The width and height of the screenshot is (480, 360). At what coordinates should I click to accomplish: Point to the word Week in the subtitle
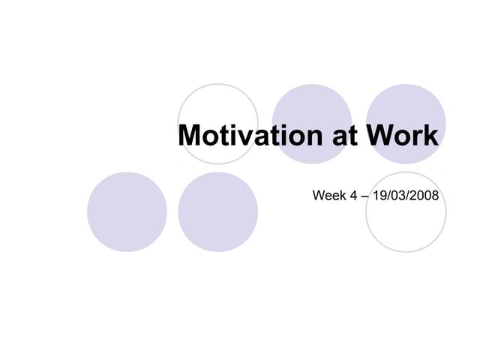point(328,196)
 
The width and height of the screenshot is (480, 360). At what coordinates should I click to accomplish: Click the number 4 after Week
point(352,196)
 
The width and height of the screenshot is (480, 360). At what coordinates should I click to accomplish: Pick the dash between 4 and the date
point(364,196)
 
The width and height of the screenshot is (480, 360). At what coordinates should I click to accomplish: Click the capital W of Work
point(379,136)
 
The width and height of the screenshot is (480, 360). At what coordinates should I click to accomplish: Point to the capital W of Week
point(318,196)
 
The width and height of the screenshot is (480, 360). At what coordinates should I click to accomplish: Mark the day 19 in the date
point(379,196)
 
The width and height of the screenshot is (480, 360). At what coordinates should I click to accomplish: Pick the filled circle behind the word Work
point(406,105)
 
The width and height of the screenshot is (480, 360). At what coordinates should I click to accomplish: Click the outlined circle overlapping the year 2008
point(406,225)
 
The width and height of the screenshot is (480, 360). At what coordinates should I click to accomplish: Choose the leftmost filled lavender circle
point(127,212)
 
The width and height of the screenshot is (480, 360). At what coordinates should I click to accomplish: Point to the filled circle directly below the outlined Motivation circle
point(217,217)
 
